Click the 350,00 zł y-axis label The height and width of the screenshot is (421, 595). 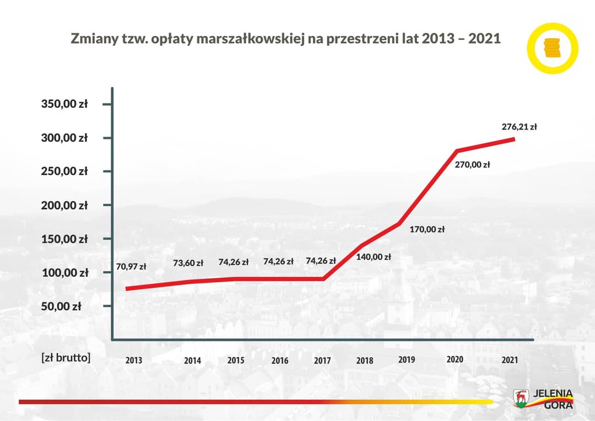point(64,104)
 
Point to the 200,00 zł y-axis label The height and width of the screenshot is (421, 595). point(64,205)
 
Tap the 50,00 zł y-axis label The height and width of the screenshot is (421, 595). point(61,306)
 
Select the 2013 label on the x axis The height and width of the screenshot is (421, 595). point(134,360)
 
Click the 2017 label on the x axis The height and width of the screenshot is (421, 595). point(322,360)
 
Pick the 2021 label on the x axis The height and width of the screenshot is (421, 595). point(509,360)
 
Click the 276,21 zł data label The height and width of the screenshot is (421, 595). point(519,127)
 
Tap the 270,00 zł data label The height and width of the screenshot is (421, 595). point(472,164)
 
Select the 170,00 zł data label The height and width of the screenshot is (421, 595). point(427,229)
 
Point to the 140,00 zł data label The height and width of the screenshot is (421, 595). point(374,256)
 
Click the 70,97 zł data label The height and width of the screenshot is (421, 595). point(131,267)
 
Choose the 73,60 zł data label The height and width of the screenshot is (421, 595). point(188,263)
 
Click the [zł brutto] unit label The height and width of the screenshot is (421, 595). point(66,357)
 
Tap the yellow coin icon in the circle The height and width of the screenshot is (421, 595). point(552,48)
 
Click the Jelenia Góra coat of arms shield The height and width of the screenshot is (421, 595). point(521,397)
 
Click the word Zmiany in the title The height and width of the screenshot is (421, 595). point(91,40)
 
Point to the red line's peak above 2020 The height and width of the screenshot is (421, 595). point(457,150)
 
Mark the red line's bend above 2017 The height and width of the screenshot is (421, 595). point(323,278)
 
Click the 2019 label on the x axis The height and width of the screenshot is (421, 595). point(407,360)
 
